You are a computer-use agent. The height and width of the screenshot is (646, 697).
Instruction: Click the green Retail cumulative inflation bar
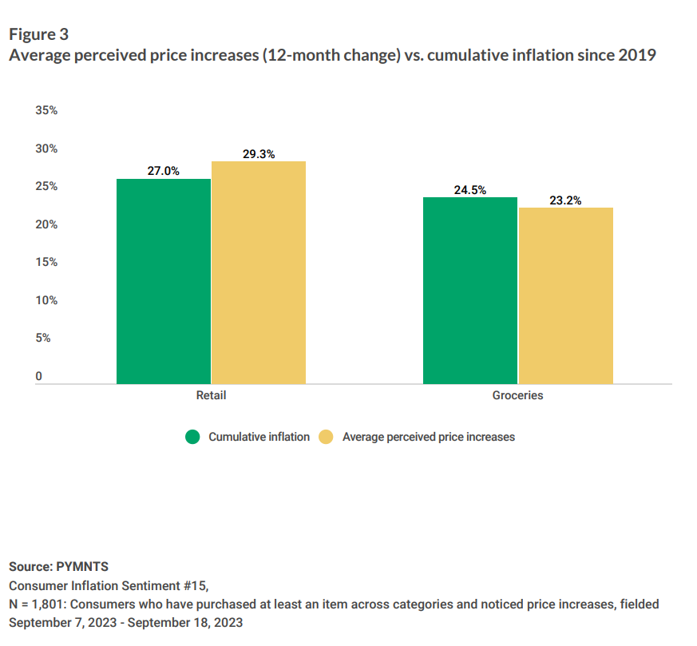pos(164,281)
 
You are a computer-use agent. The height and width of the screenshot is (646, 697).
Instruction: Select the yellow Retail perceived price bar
pos(259,272)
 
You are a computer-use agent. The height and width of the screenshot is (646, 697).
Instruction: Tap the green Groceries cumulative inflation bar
pos(470,290)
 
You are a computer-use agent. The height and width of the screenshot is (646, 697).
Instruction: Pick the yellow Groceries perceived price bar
pos(565,295)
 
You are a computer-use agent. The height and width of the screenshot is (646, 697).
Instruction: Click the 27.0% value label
pos(163,171)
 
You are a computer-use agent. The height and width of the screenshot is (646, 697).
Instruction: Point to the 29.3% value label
pos(259,154)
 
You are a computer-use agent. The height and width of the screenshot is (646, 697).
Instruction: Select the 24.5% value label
pos(470,190)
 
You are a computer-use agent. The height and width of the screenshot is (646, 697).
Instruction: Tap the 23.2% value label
pos(565,200)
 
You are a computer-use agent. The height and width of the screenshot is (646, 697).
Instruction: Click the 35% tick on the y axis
pos(46,111)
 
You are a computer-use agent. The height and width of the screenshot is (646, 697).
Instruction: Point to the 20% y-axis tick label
pos(46,224)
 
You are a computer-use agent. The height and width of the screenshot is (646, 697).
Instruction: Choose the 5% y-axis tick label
pos(43,338)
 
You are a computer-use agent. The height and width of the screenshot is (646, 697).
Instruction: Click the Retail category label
pos(211,395)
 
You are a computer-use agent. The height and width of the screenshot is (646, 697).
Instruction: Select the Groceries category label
pos(517,395)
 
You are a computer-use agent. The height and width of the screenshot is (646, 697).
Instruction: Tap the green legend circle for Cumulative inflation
pos(192,437)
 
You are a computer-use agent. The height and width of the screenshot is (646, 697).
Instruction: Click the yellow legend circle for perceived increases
pos(326,437)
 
